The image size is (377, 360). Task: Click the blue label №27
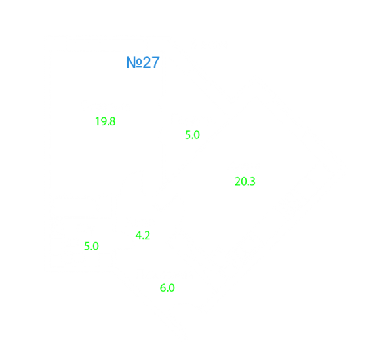click(143, 62)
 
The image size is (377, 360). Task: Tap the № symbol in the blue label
click(134, 62)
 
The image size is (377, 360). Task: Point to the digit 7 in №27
click(155, 62)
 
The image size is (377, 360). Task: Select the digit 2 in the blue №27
click(147, 62)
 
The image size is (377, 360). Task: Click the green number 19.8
click(106, 121)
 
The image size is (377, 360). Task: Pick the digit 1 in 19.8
click(98, 121)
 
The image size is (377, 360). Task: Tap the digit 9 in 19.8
click(103, 121)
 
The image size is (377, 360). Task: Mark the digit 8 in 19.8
click(112, 121)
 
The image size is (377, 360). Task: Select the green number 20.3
click(245, 182)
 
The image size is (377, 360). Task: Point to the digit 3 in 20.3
click(252, 182)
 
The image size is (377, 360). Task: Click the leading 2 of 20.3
click(237, 182)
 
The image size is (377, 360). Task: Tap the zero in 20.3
click(244, 182)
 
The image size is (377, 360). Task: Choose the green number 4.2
click(143, 235)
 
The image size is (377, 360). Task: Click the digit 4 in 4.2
click(139, 235)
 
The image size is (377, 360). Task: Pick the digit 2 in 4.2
click(147, 235)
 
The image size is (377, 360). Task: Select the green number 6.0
click(167, 288)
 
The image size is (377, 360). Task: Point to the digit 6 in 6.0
click(163, 288)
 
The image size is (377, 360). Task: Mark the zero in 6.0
click(171, 288)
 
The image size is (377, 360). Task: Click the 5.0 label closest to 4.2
click(91, 247)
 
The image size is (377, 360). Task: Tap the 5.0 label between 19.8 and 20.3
click(192, 135)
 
